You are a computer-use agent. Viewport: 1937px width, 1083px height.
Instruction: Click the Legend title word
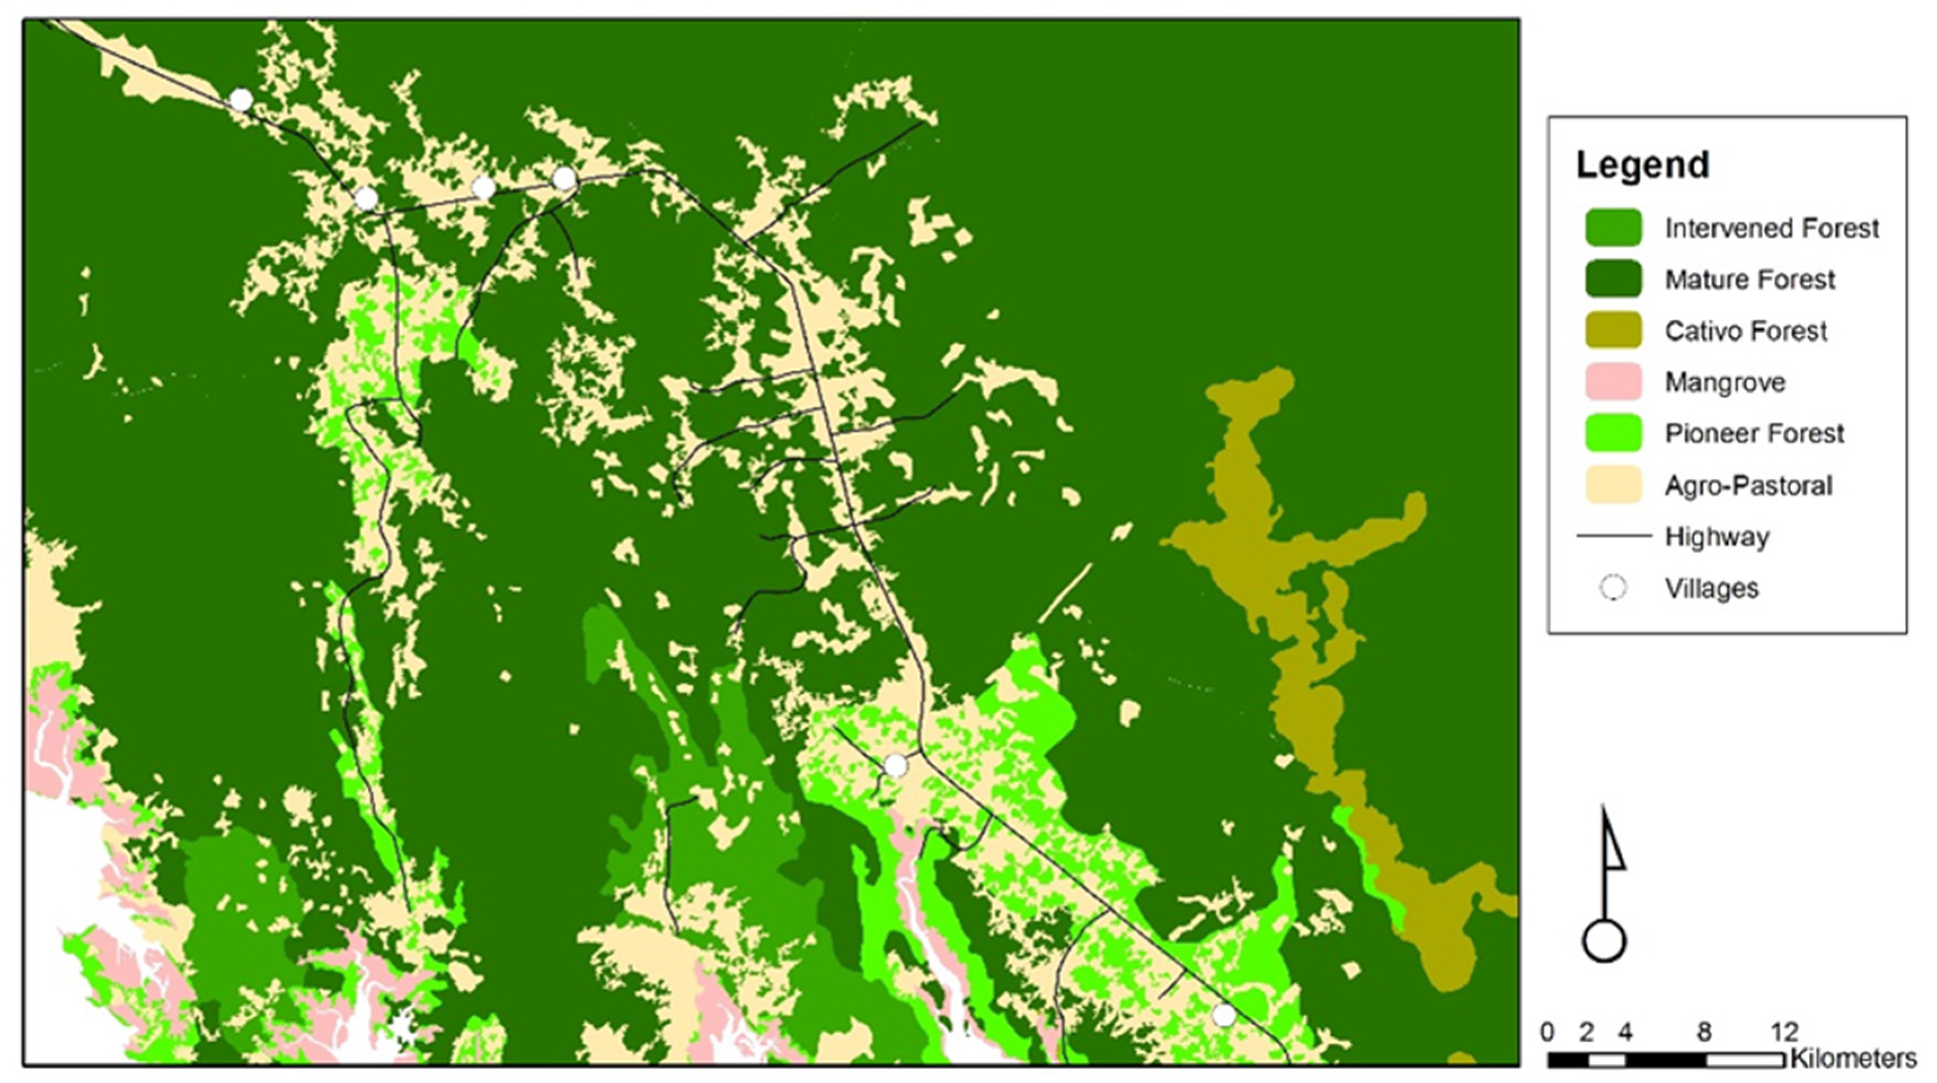click(1642, 165)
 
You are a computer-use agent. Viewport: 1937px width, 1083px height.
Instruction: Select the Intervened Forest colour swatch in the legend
click(1613, 227)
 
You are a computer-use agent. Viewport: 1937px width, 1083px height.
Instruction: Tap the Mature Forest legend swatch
click(1613, 279)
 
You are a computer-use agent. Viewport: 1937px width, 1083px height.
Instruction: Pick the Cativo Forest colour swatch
click(1613, 331)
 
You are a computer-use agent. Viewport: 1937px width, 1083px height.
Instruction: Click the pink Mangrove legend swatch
click(1613, 382)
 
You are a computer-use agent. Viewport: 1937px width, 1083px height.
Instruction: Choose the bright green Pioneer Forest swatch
click(1613, 433)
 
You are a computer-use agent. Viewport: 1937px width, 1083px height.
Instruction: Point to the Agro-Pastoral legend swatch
click(1613, 485)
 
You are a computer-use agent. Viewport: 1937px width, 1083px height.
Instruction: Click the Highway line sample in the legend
click(1613, 536)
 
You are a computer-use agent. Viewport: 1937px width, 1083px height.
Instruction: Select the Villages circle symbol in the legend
click(1613, 588)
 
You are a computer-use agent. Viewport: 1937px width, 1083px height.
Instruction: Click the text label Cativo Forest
click(1745, 331)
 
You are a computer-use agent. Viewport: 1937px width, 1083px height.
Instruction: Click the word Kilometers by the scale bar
click(1854, 1058)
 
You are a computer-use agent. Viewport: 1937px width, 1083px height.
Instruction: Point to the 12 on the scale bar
click(1784, 1032)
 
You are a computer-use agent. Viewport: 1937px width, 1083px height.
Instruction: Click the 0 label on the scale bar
click(1548, 1032)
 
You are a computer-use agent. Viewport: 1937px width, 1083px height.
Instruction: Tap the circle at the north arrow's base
click(1604, 941)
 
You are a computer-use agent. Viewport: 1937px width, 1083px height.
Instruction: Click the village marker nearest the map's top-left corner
click(241, 99)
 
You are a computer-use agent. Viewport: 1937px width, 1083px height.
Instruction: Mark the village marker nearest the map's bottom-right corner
click(1224, 1015)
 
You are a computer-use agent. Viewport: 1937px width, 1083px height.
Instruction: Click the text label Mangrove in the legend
click(1725, 382)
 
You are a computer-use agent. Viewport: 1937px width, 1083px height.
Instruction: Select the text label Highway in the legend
click(1717, 537)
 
